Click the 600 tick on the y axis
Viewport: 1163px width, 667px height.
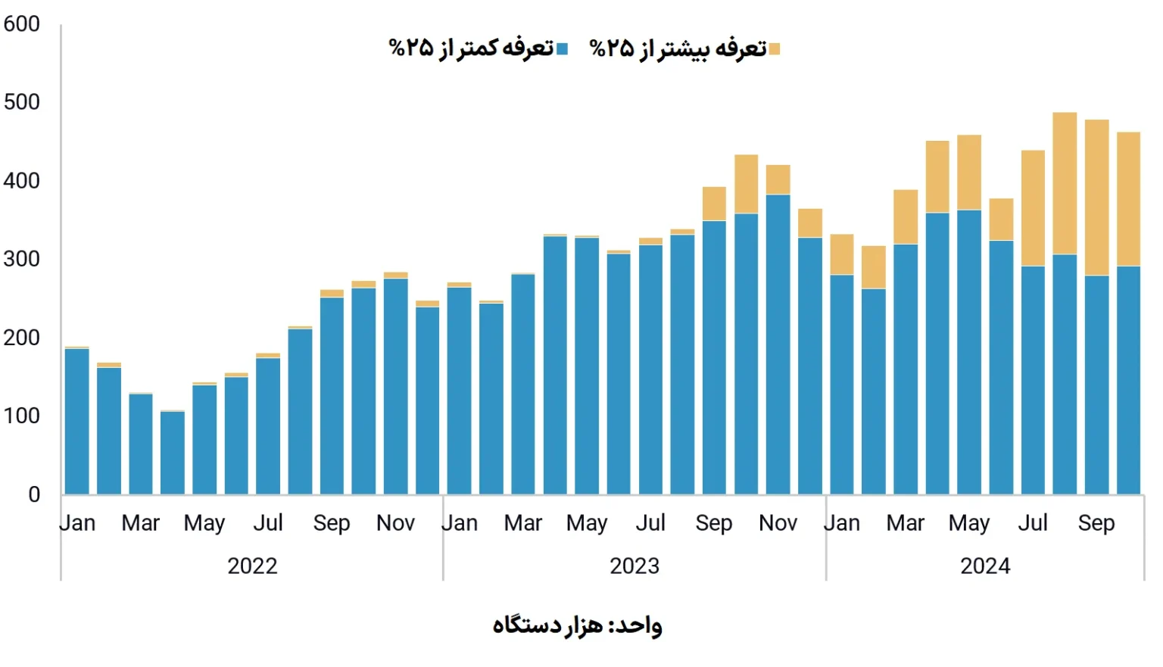tap(22, 24)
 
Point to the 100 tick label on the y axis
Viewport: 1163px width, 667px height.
tap(22, 416)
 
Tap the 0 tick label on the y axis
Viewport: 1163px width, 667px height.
tap(34, 494)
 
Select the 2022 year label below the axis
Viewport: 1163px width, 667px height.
tap(252, 566)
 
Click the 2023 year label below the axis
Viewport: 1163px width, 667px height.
tap(635, 566)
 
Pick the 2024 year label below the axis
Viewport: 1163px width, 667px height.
tap(985, 566)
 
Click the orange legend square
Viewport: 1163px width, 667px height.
tap(774, 50)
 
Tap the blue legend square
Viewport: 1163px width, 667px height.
tap(562, 50)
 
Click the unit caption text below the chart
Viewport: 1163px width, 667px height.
tap(577, 625)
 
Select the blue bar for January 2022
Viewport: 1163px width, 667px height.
tap(77, 421)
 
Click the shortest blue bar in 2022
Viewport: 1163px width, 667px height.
tap(173, 453)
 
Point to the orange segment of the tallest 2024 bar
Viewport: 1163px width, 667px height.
tap(1065, 183)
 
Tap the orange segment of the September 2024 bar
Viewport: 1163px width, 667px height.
tap(1096, 198)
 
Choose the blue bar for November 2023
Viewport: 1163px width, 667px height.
tap(778, 344)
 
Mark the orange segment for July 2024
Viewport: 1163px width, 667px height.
tap(1033, 208)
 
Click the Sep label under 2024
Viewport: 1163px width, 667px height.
tap(1096, 523)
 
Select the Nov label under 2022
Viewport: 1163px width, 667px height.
tap(395, 523)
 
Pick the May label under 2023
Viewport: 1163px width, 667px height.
tap(587, 523)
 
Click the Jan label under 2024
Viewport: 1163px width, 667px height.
tap(842, 523)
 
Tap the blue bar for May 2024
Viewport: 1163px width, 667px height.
tap(969, 352)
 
